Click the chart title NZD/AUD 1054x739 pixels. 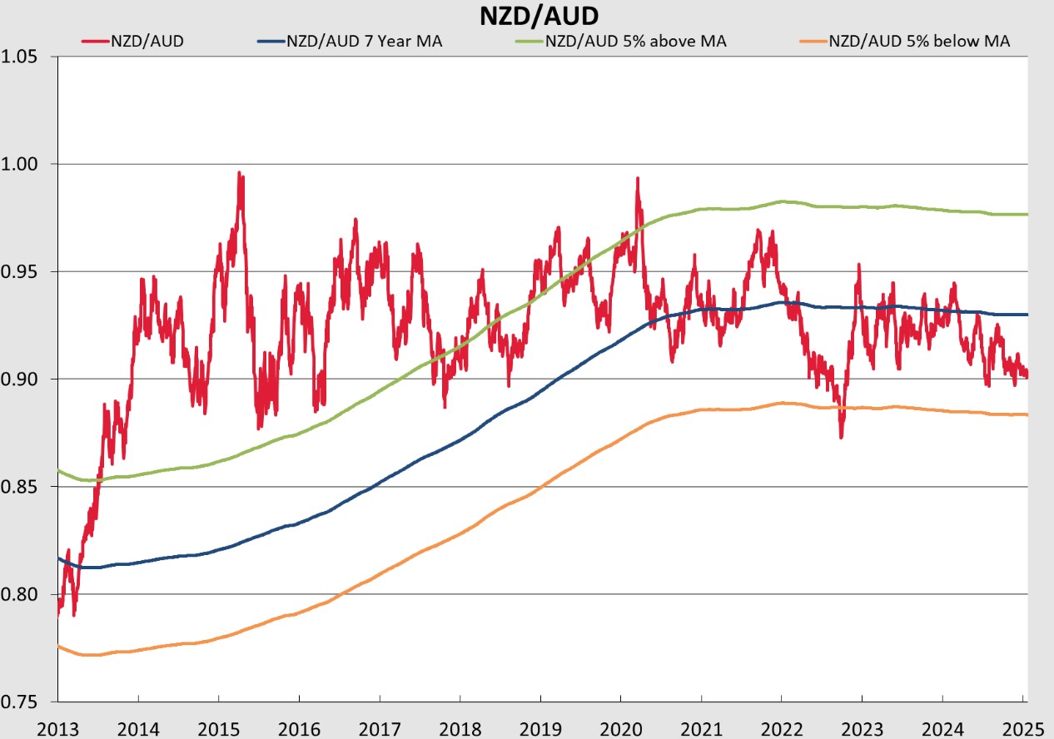(x=526, y=15)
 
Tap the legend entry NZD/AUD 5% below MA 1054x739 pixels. (x=919, y=40)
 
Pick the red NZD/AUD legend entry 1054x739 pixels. (x=147, y=40)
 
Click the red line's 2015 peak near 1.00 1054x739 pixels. (x=240, y=174)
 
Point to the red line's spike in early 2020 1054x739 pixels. (x=637, y=179)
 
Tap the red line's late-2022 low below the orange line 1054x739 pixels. (x=841, y=435)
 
